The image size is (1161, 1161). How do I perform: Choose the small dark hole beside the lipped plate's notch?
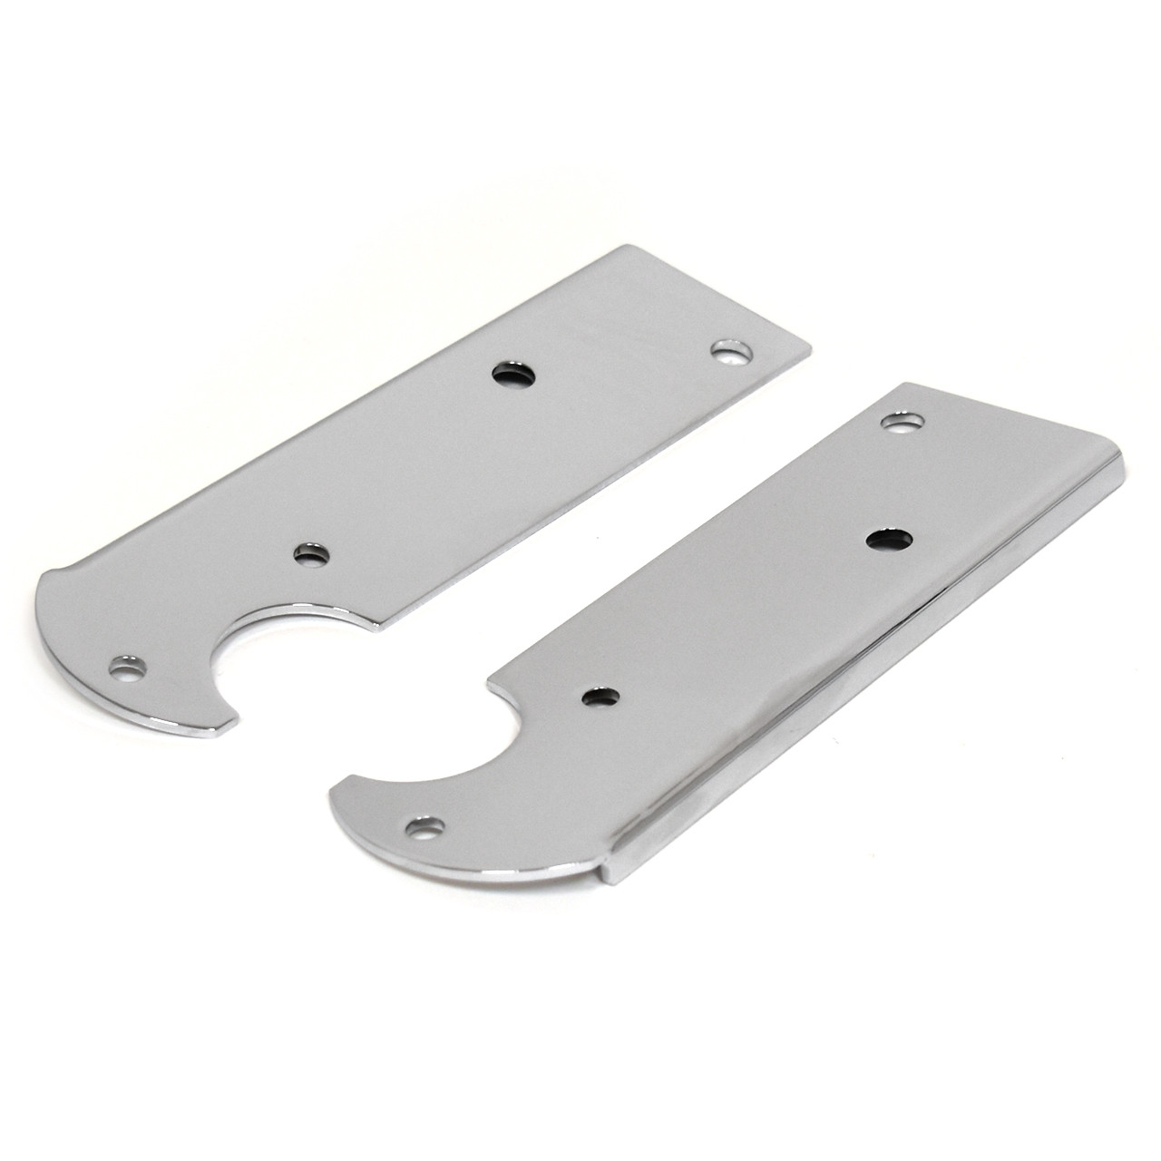[600, 697]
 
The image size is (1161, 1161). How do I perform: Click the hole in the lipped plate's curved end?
[424, 827]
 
